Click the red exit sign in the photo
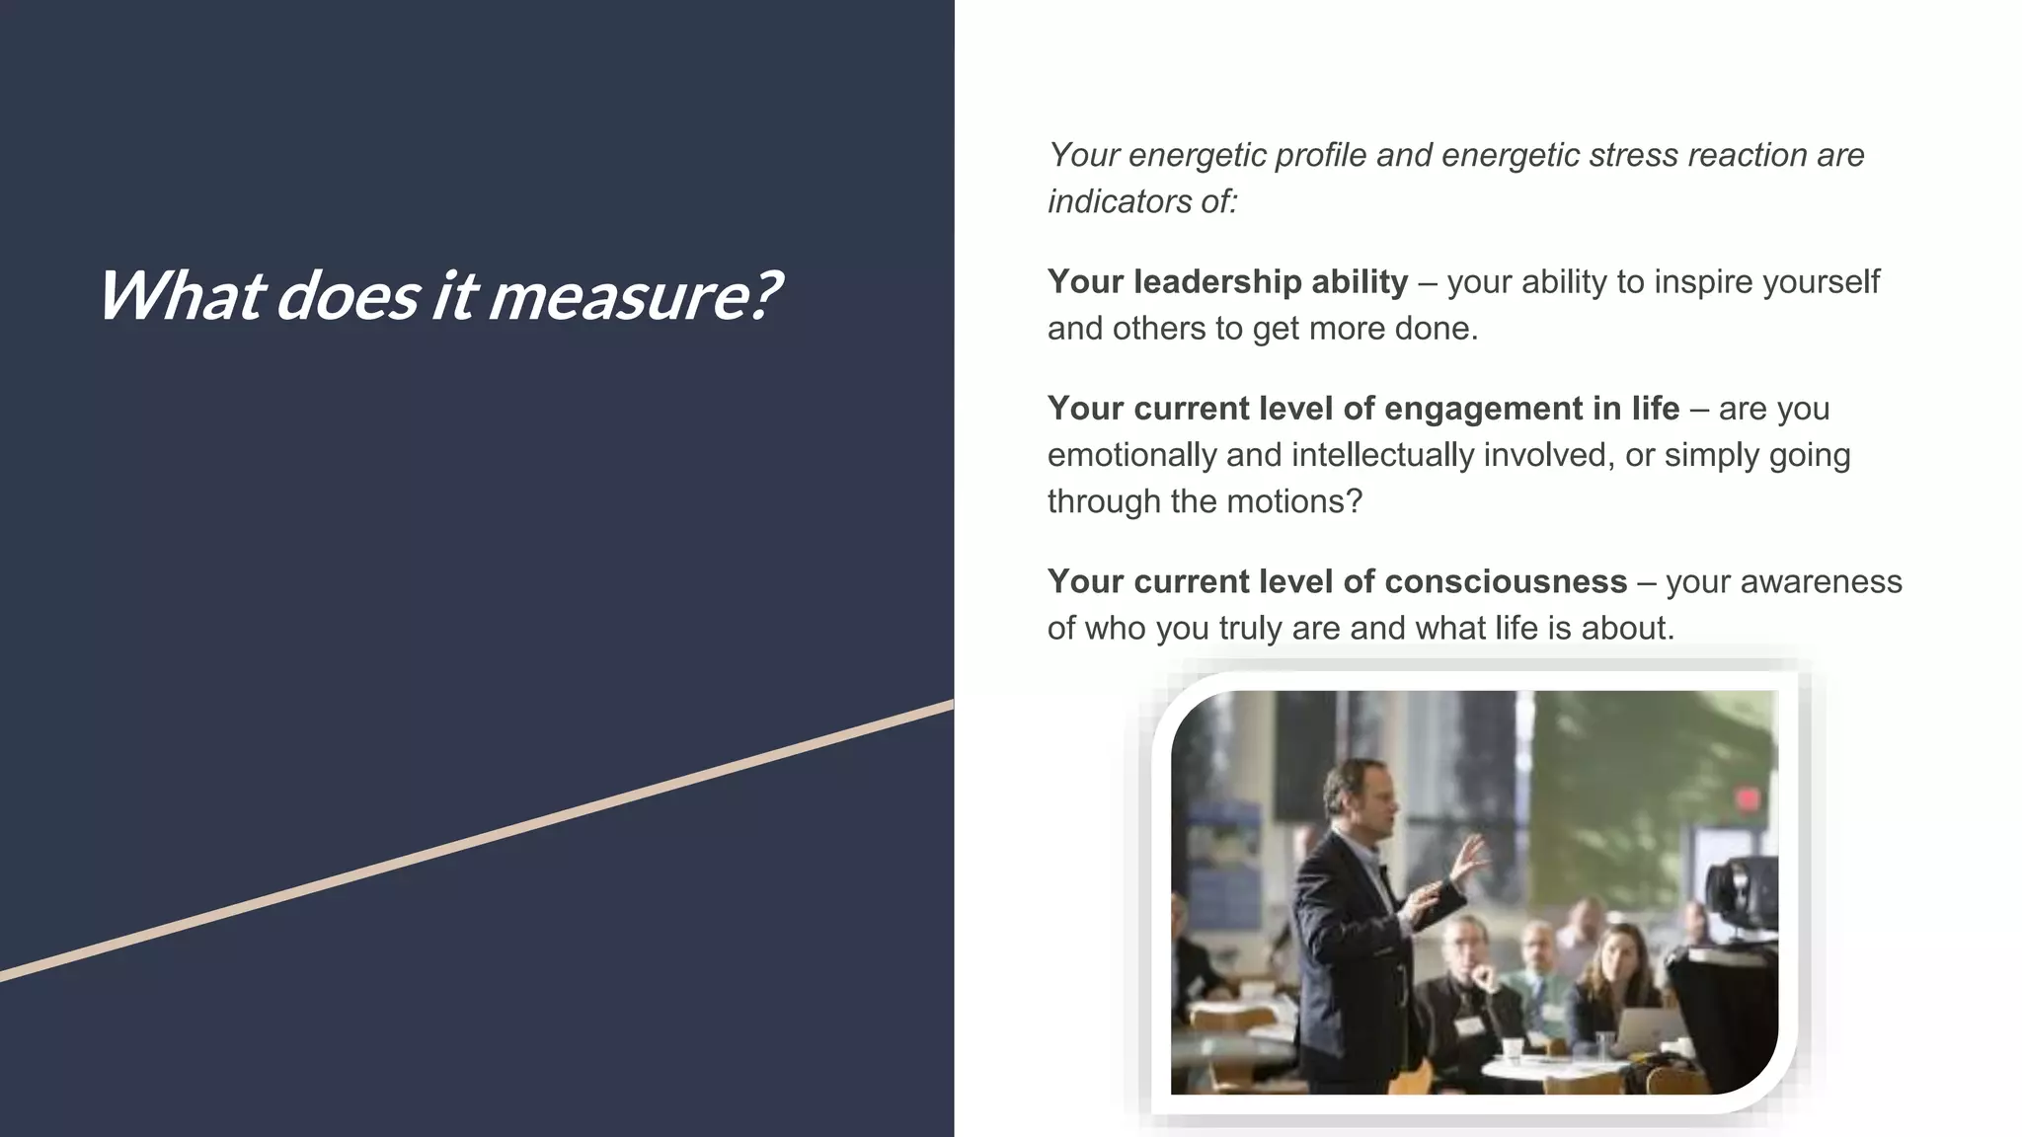(x=1748, y=798)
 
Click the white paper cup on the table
(x=1511, y=1048)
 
